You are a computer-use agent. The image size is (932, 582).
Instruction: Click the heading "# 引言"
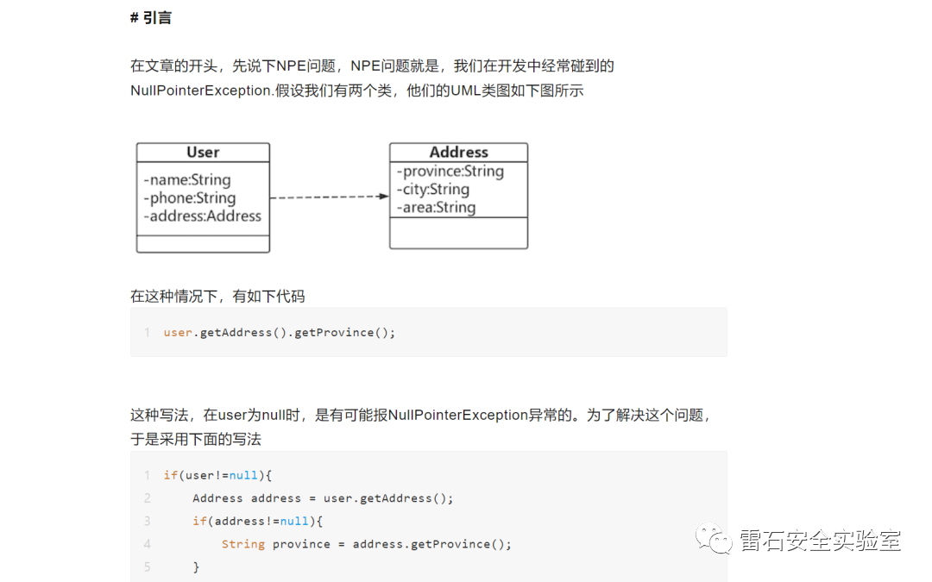151,18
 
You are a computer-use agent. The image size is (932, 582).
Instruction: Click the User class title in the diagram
203,153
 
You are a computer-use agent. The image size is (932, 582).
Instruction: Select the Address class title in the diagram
458,153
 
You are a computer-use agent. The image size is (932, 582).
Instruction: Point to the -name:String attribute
187,180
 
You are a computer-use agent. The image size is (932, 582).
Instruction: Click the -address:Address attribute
203,216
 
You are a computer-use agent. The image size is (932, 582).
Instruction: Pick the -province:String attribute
450,172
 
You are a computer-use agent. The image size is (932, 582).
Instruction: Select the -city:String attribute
433,190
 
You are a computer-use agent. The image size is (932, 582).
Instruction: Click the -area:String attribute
436,208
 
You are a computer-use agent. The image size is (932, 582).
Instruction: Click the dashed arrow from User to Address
329,197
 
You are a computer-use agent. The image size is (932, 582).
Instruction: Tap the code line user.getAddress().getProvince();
280,333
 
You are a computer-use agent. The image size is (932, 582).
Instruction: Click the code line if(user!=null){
217,475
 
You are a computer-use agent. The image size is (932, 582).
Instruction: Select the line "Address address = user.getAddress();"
323,498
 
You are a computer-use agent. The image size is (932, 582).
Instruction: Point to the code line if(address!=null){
257,521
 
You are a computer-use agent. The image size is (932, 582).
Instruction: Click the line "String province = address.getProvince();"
366,544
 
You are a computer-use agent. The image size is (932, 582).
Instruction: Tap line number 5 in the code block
147,567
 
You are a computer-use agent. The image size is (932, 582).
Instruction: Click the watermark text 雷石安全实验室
821,541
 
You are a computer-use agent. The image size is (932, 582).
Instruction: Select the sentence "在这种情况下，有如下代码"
217,297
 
